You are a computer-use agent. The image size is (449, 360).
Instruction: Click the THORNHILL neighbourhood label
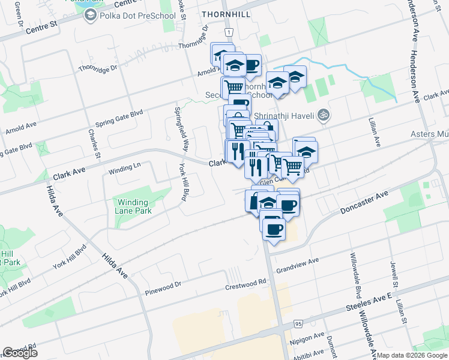[224, 12]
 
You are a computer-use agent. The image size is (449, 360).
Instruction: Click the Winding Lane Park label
[134, 206]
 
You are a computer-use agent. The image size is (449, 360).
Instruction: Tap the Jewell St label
[394, 273]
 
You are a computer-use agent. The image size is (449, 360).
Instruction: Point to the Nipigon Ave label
[309, 336]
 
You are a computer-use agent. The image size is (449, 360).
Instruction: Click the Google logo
[20, 353]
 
